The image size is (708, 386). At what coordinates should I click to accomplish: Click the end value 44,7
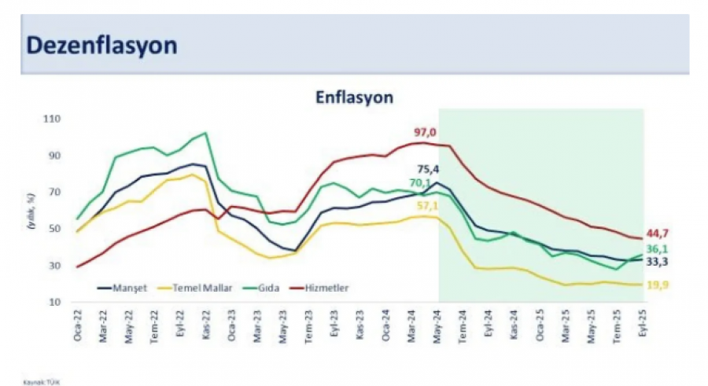pos(659,233)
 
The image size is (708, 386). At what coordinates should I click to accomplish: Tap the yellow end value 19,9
pos(659,286)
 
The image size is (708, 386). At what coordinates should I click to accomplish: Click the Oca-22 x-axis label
pos(76,325)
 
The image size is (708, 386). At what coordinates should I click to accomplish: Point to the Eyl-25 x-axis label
pos(641,325)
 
